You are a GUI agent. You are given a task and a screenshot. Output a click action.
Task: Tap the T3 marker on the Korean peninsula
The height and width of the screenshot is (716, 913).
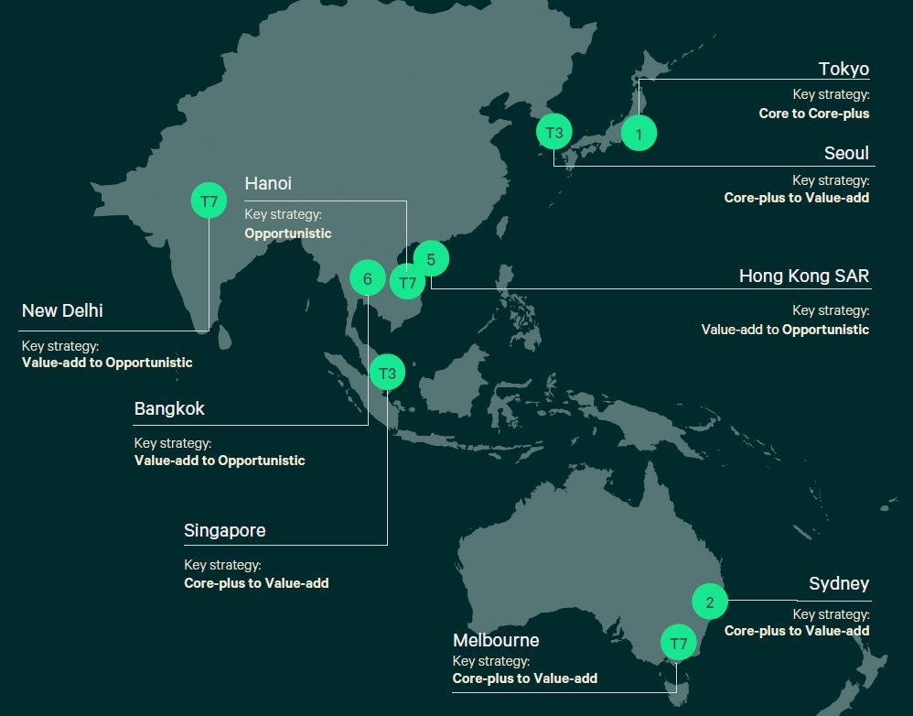pos(553,132)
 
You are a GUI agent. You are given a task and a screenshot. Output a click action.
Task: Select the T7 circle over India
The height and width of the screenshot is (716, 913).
pos(209,201)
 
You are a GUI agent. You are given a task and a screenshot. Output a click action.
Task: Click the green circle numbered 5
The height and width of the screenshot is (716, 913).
pos(431,258)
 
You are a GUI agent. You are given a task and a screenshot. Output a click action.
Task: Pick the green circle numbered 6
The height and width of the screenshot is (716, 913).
pos(368,277)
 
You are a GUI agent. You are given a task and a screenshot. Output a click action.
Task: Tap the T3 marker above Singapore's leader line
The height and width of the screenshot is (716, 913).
pos(387,373)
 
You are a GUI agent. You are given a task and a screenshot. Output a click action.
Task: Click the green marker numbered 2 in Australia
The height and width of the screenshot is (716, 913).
pos(710,602)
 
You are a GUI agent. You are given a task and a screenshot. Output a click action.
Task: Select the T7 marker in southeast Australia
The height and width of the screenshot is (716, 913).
pos(678,643)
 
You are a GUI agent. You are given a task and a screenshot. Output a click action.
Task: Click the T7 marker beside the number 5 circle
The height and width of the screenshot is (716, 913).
pos(407,282)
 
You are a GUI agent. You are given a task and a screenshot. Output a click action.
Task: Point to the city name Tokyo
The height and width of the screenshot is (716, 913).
pos(843,70)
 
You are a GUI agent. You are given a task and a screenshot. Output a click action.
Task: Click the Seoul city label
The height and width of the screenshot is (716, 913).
pos(846,153)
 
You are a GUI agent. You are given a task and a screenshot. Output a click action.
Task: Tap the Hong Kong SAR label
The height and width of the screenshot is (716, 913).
pos(804,276)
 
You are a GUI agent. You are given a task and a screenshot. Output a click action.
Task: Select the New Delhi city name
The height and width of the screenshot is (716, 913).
pos(62,310)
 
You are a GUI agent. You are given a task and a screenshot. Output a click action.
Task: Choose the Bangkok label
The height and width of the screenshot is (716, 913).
pos(169,408)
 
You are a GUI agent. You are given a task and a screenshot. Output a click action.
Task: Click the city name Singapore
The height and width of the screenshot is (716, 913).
pos(224,530)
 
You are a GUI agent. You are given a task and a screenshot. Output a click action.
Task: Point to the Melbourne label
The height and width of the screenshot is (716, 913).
pos(496,640)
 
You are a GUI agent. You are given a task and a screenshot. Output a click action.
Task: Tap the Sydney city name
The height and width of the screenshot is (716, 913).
pos(839,584)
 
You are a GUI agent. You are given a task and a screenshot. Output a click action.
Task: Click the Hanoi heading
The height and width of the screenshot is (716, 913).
pos(268,184)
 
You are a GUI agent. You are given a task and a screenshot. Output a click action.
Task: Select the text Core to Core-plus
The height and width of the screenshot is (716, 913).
pos(814,114)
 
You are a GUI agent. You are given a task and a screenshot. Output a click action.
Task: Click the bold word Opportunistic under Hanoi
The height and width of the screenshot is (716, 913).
pos(288,233)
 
